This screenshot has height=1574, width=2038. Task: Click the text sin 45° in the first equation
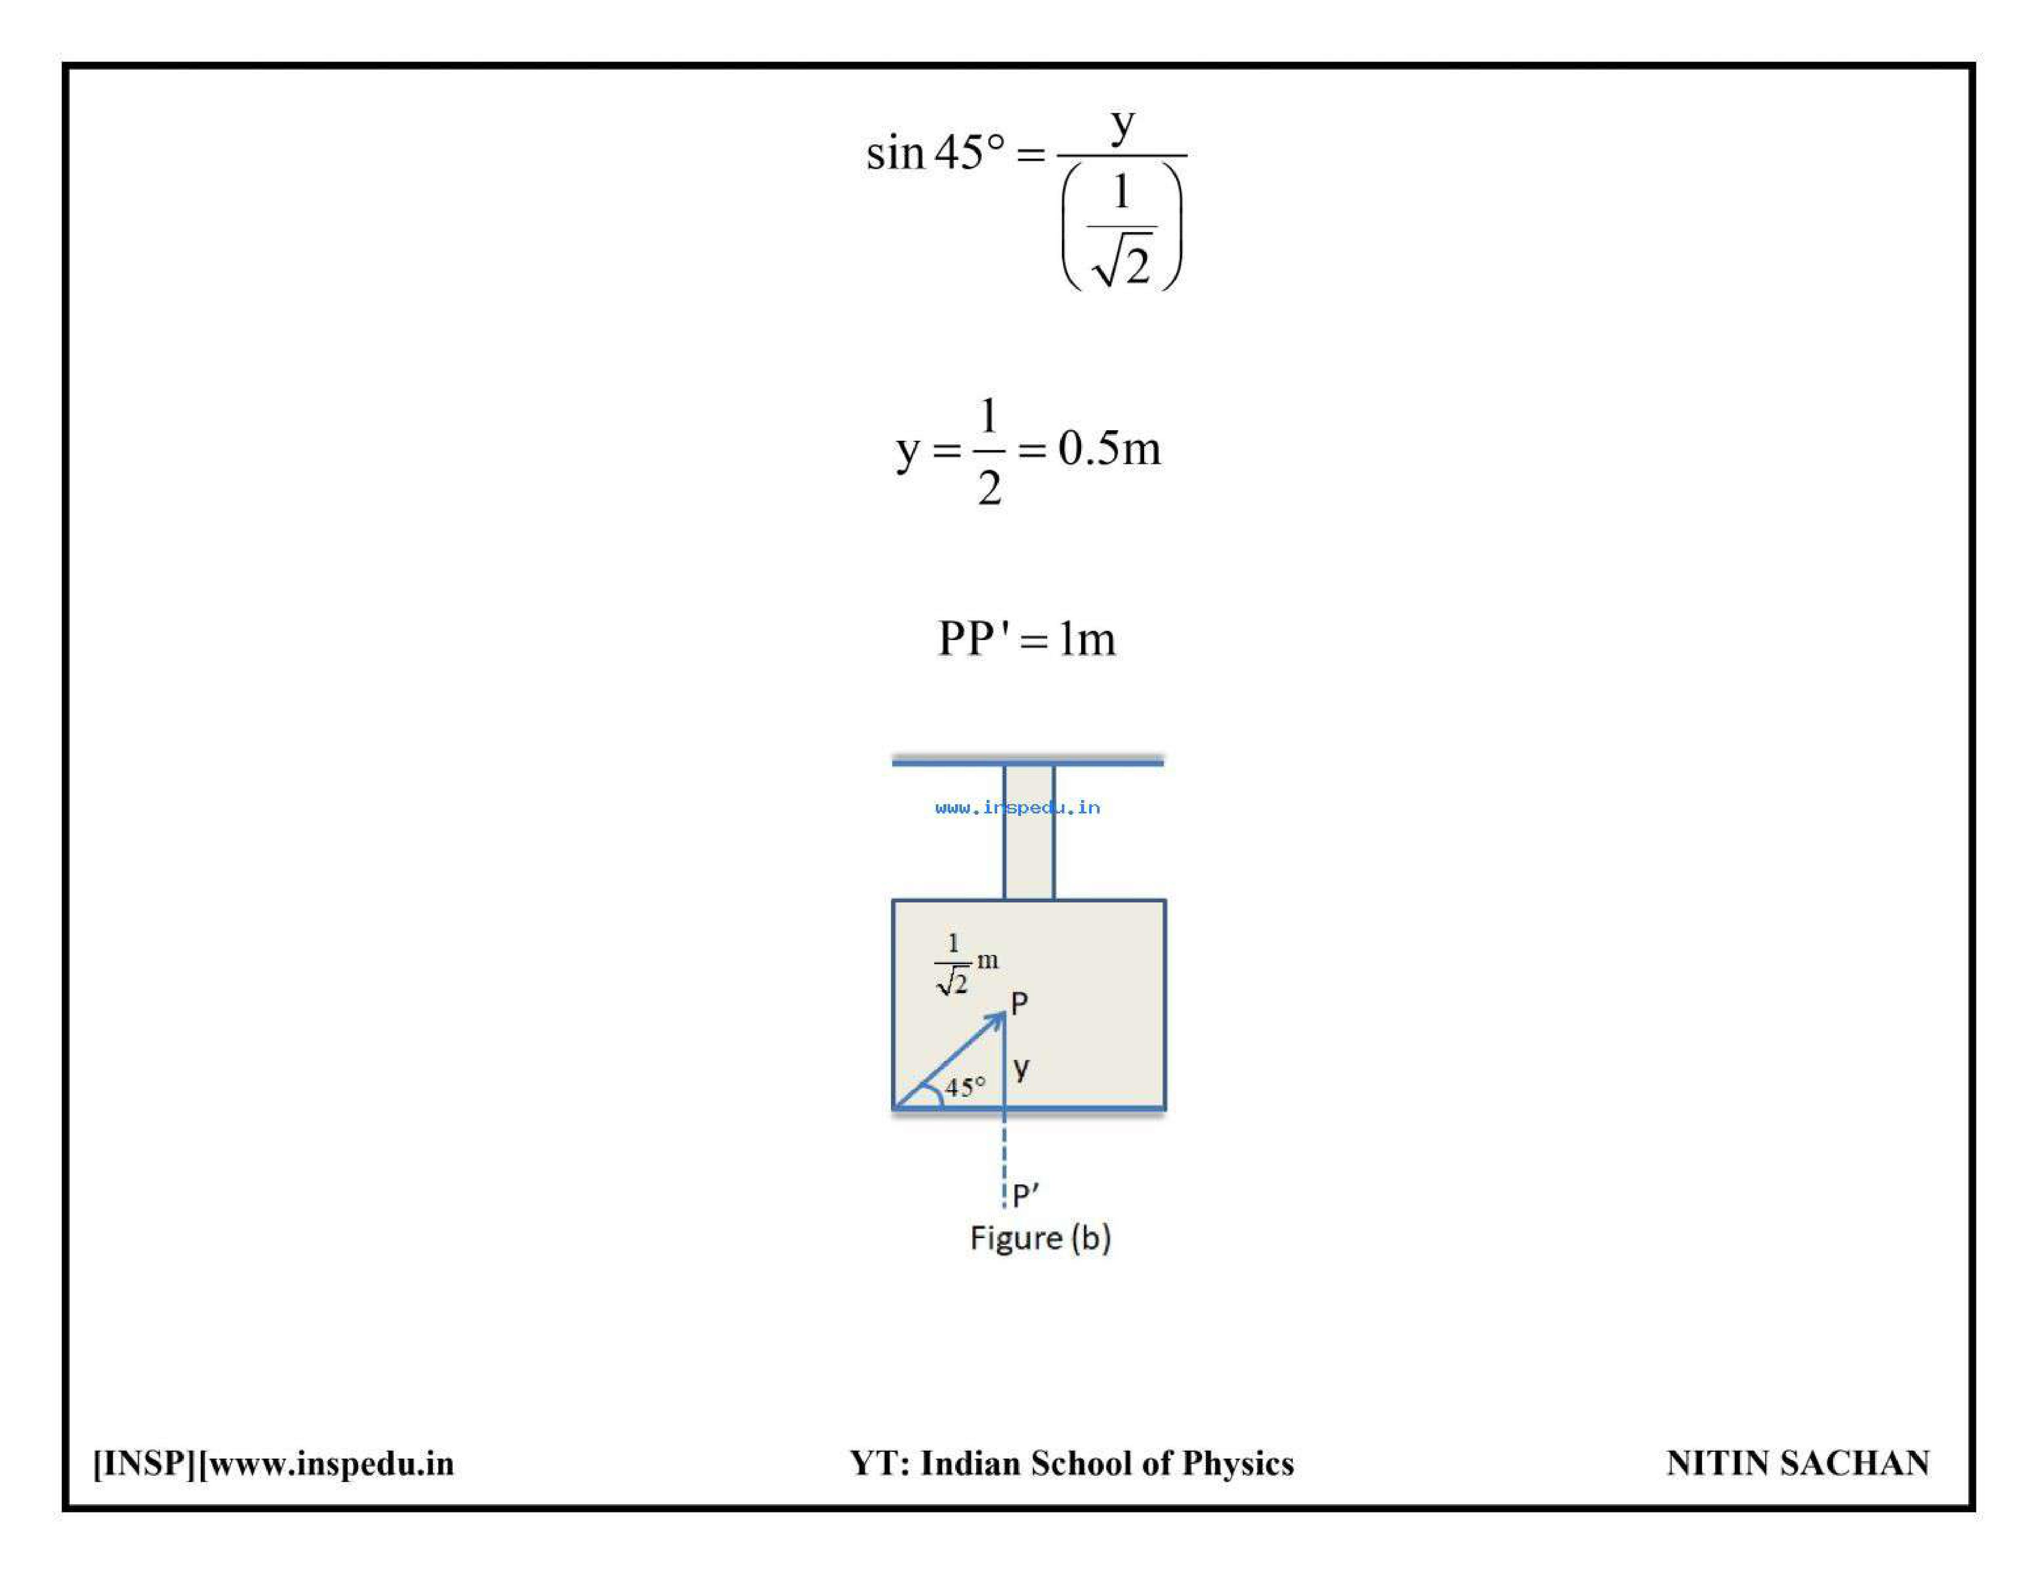pyautogui.click(x=936, y=153)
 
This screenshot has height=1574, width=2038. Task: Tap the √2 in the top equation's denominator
pyautogui.click(x=1124, y=264)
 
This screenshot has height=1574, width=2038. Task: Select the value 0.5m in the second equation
pyautogui.click(x=1110, y=449)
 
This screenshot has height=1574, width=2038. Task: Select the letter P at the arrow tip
pyautogui.click(x=1019, y=1004)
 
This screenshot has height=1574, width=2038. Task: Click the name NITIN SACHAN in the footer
pyautogui.click(x=1797, y=1463)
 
